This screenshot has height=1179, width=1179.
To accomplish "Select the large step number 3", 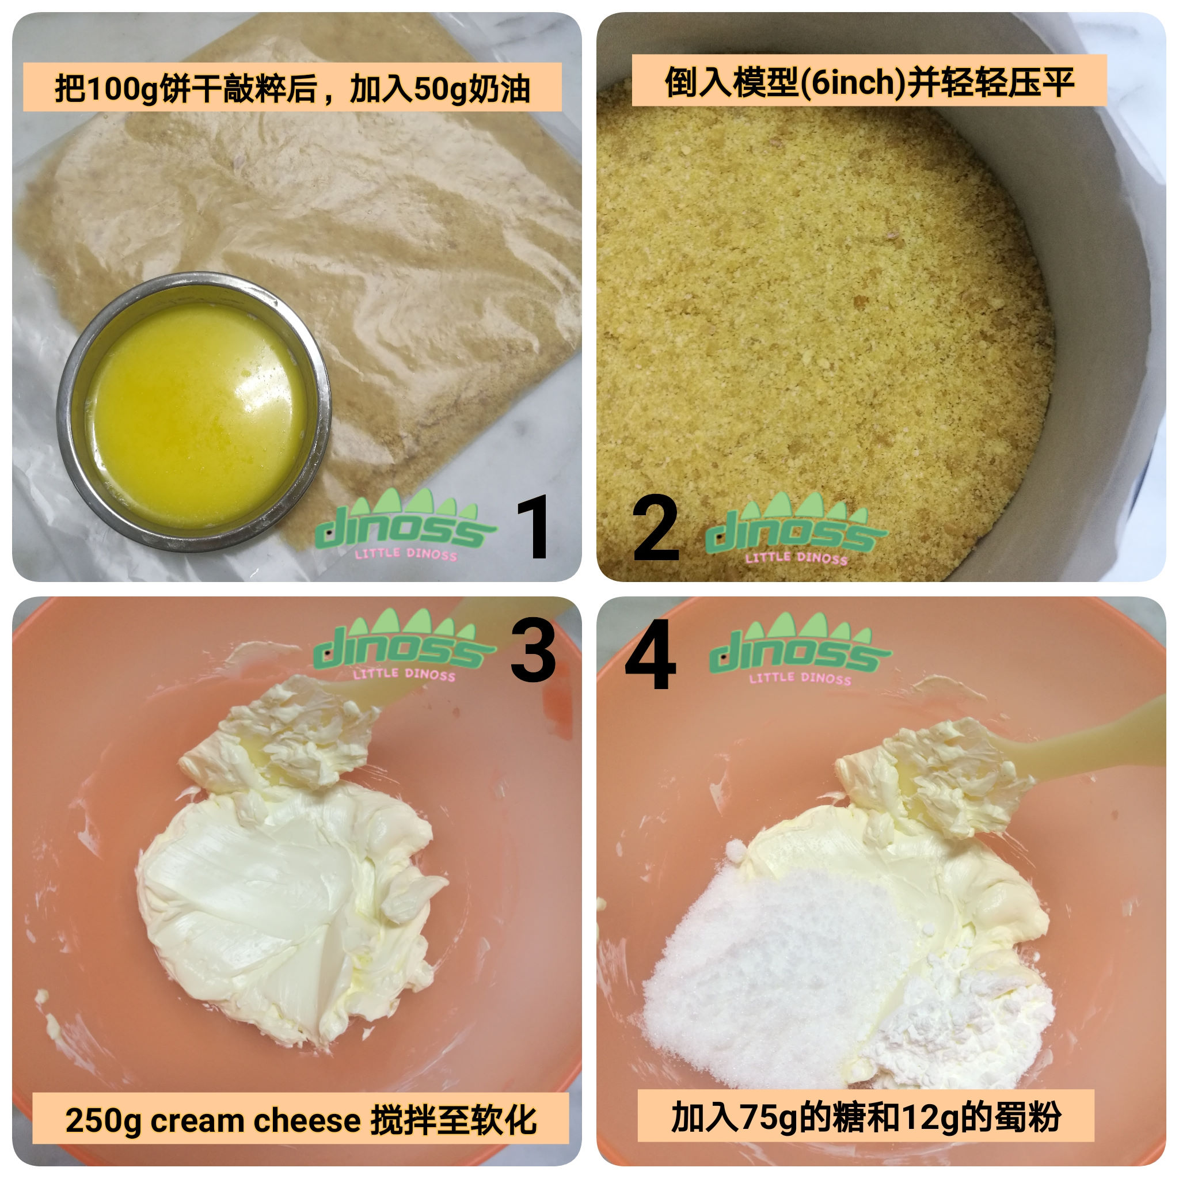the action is tap(533, 649).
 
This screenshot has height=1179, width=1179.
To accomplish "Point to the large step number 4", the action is tap(651, 653).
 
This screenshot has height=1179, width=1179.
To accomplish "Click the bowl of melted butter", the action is tap(194, 413).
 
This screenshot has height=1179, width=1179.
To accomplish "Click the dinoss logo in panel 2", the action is tap(795, 530).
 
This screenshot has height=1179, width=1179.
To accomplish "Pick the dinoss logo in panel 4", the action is tap(800, 649).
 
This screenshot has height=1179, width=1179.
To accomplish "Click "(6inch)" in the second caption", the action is tap(853, 82).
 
